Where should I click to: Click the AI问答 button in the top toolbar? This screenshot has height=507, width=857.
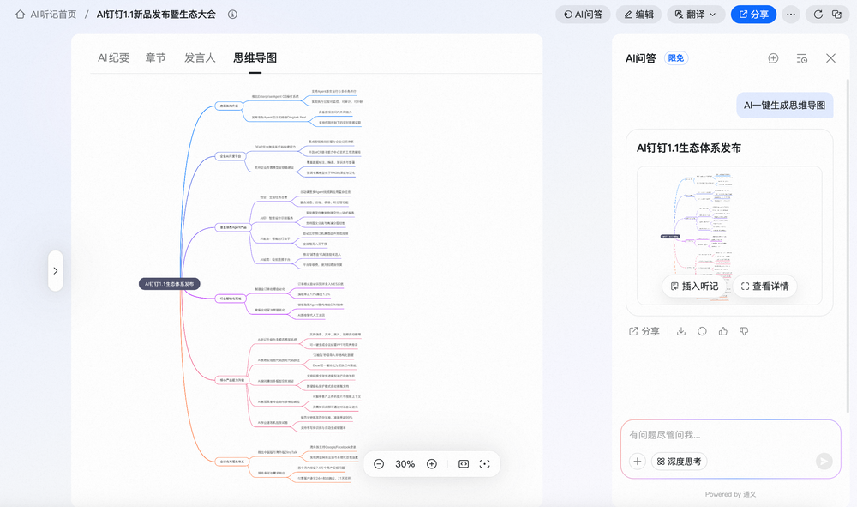pyautogui.click(x=582, y=14)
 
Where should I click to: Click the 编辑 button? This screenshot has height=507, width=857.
pyautogui.click(x=638, y=14)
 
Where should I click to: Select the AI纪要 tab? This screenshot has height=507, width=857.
pyautogui.click(x=113, y=57)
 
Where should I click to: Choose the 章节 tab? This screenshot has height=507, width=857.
pyautogui.click(x=155, y=57)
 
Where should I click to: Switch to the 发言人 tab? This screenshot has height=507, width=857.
pyautogui.click(x=200, y=57)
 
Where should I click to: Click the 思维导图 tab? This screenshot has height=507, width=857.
pyautogui.click(x=255, y=57)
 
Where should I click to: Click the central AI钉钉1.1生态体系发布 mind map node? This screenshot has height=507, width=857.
pyautogui.click(x=171, y=283)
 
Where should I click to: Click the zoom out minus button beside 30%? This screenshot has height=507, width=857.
pyautogui.click(x=379, y=463)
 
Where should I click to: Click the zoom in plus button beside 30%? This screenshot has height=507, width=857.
pyautogui.click(x=432, y=463)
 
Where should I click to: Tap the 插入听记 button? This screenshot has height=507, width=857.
pyautogui.click(x=694, y=286)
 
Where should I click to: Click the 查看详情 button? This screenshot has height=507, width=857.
pyautogui.click(x=764, y=286)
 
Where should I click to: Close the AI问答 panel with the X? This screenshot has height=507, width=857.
pyautogui.click(x=830, y=58)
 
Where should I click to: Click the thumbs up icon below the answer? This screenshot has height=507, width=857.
pyautogui.click(x=723, y=331)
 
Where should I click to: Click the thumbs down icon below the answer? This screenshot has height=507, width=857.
pyautogui.click(x=744, y=331)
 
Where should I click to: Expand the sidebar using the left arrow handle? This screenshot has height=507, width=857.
pyautogui.click(x=56, y=270)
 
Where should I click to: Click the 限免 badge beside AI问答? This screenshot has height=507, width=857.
pyautogui.click(x=676, y=58)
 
